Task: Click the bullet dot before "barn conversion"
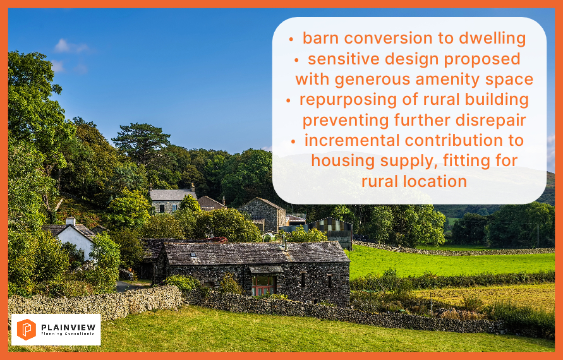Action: (291, 39)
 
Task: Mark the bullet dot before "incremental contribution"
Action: (293, 141)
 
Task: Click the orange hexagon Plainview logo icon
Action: (26, 330)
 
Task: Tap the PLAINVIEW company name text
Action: (68, 327)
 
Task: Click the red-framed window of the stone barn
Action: (264, 285)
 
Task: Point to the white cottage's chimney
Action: (70, 221)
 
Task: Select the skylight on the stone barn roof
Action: (193, 255)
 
